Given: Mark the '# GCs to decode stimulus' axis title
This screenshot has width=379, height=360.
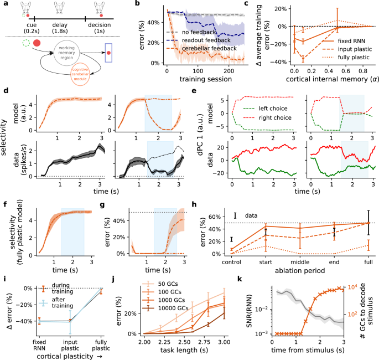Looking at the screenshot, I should (373, 310).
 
